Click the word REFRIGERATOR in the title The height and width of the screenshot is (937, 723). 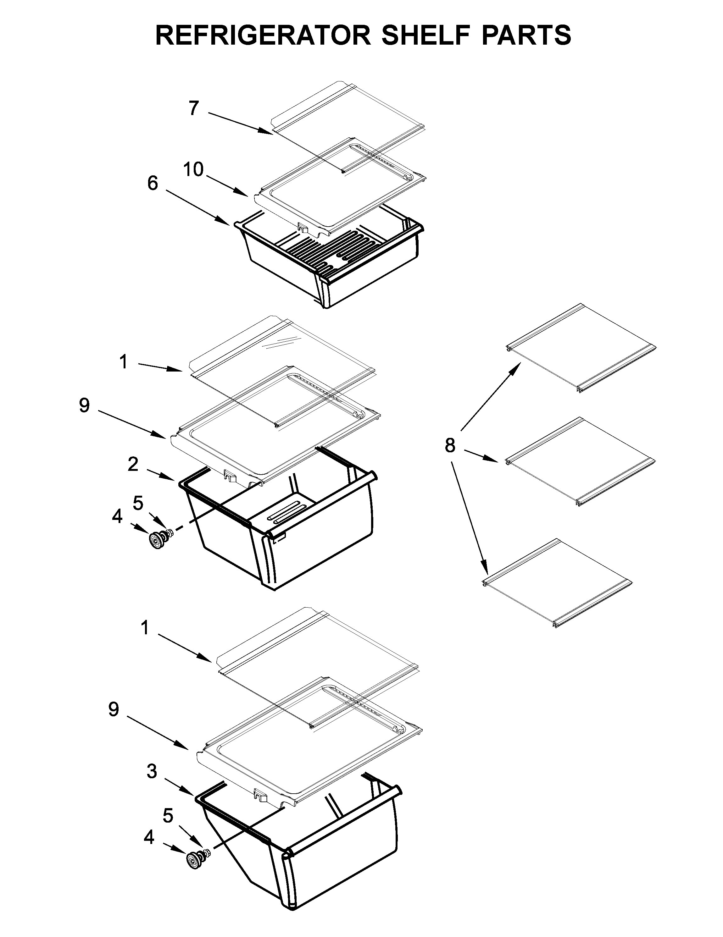tap(263, 35)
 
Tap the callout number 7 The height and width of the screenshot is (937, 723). tap(194, 108)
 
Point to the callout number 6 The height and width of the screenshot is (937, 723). tap(153, 184)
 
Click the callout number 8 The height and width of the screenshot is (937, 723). tap(449, 446)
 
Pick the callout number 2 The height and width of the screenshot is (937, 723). tap(133, 464)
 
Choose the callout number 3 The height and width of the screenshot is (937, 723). tap(152, 772)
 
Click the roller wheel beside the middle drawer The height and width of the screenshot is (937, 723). tap(157, 540)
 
